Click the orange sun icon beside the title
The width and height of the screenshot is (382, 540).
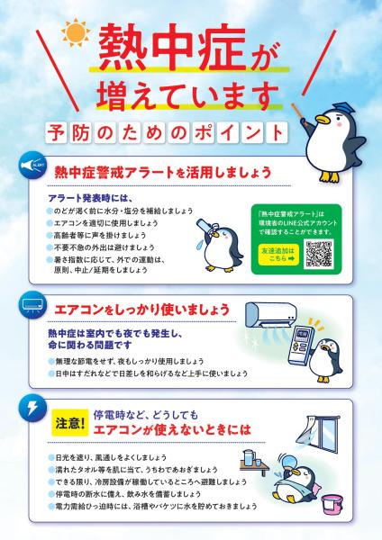pyautogui.click(x=69, y=37)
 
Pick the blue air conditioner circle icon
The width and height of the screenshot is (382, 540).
pyautogui.click(x=32, y=306)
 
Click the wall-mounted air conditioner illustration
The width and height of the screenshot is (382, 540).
pyautogui.click(x=283, y=313)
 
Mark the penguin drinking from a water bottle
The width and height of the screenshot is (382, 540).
pyautogui.click(x=217, y=240)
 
